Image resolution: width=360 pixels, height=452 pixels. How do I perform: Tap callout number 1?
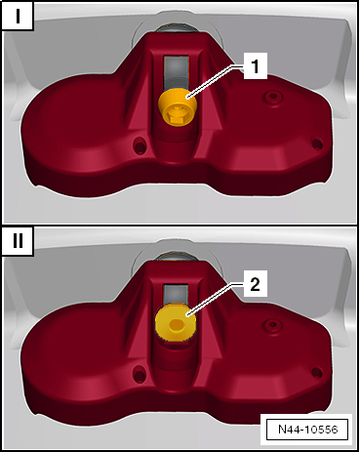(x=253, y=67)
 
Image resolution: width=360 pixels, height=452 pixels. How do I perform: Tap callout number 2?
(x=253, y=286)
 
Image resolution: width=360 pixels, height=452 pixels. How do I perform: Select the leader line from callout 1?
(x=216, y=81)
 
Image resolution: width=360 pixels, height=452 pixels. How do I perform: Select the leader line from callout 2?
(x=216, y=301)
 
